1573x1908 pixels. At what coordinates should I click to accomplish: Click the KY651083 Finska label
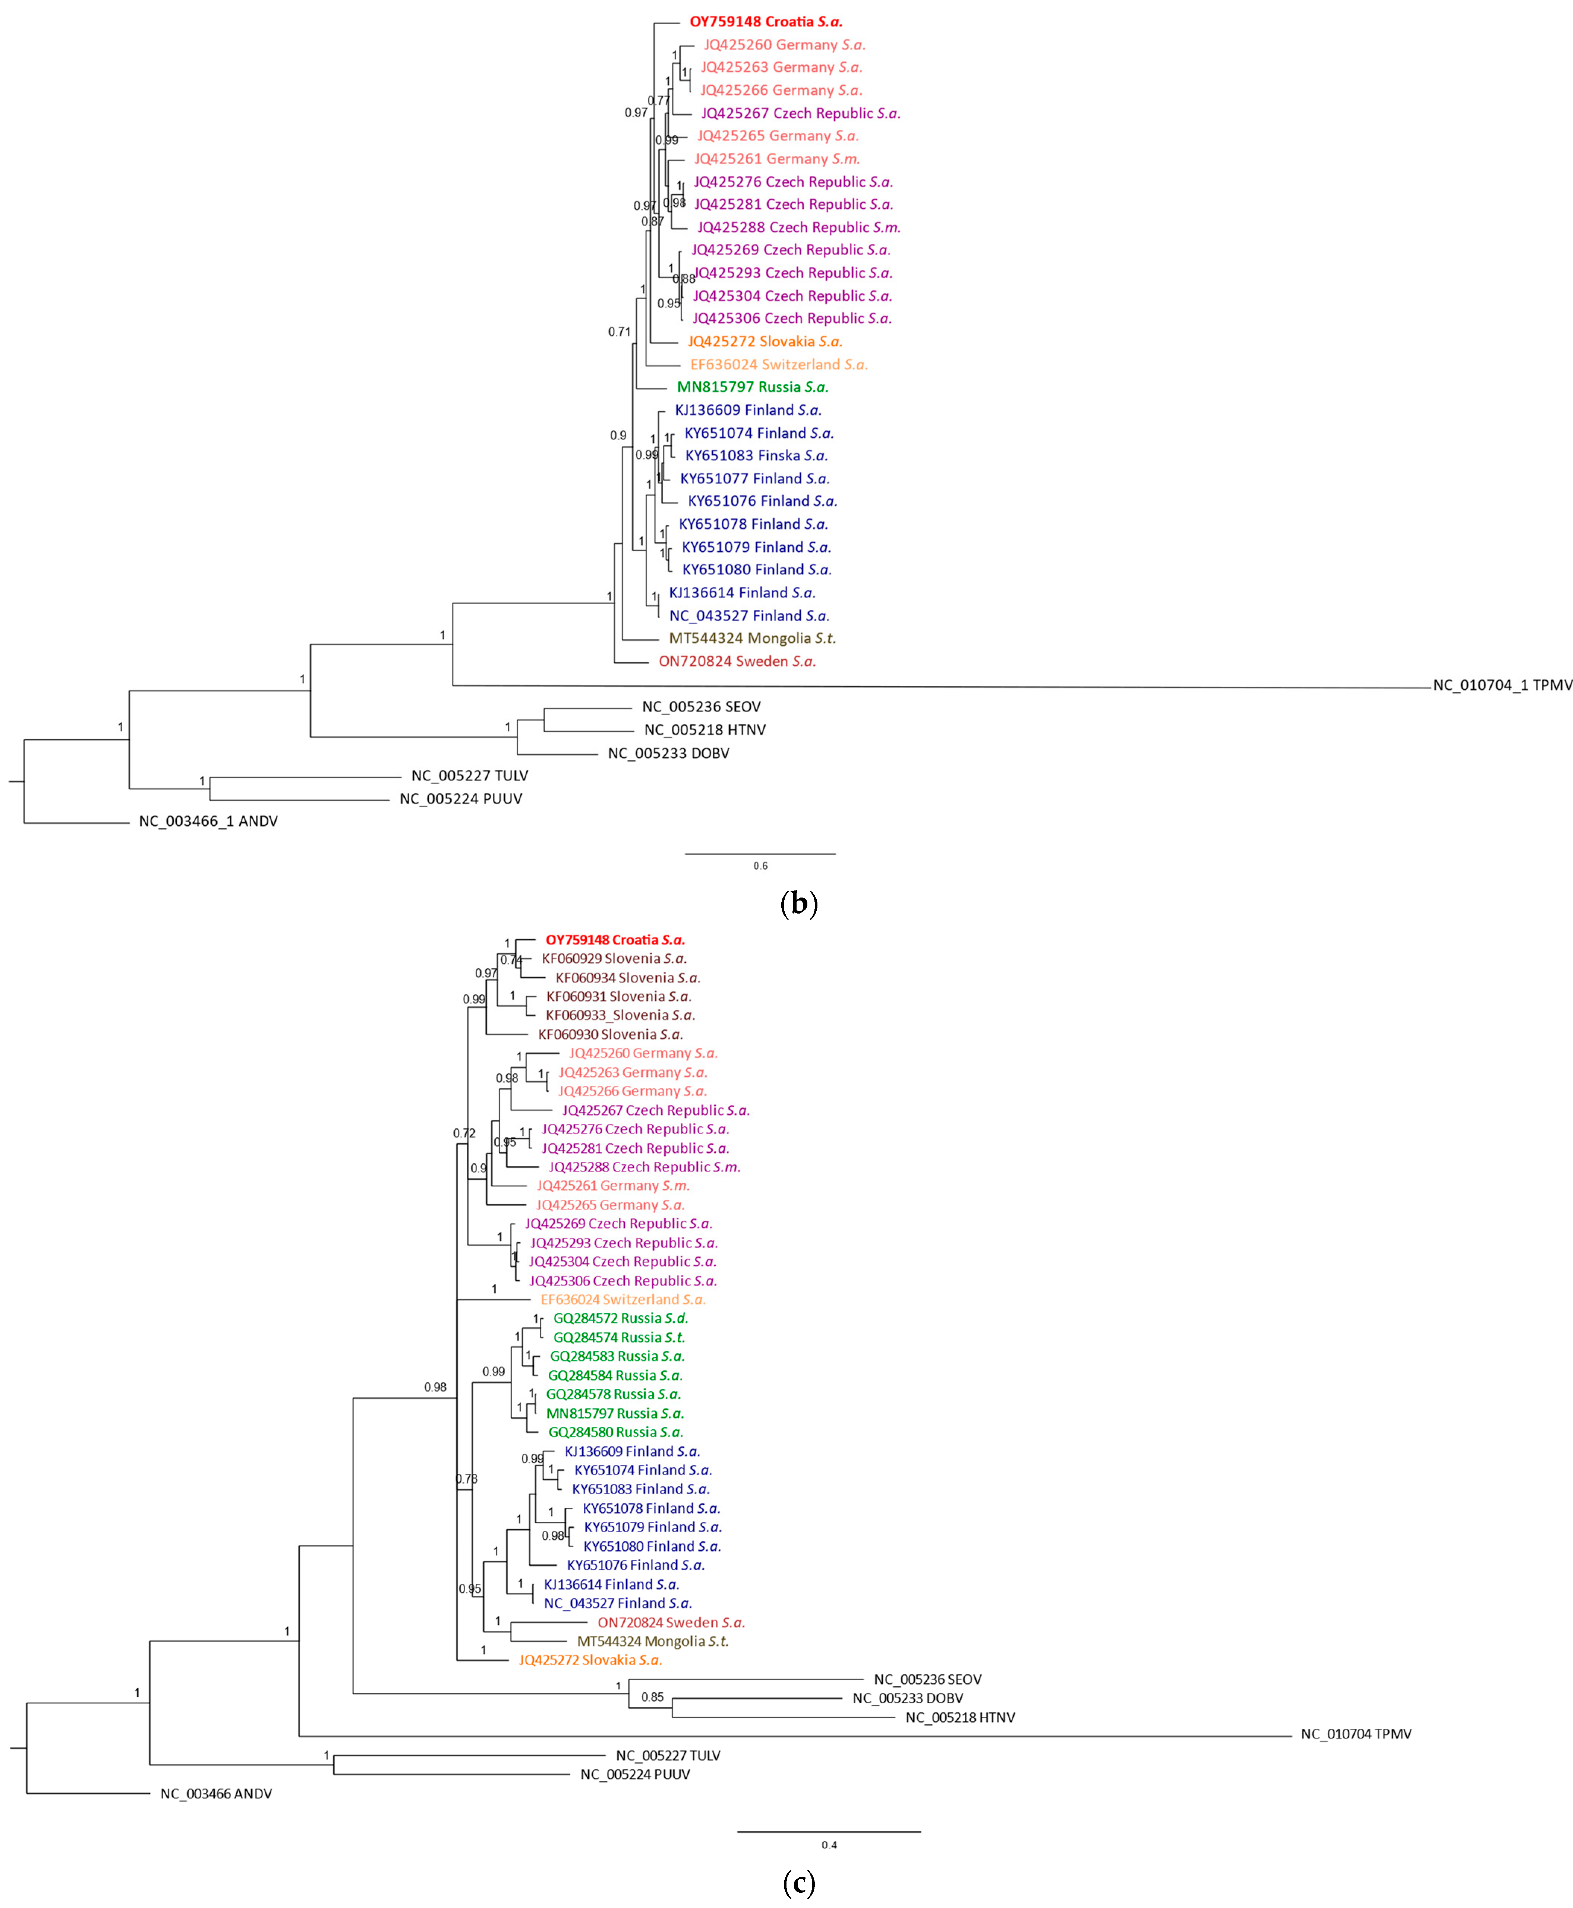pos(756,456)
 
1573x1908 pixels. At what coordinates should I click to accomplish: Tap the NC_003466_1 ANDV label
pos(208,822)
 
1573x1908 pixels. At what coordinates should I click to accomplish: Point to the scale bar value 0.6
pos(760,866)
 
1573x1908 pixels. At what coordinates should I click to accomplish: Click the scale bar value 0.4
pos(829,1845)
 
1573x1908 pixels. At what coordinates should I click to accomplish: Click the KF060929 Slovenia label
pos(614,959)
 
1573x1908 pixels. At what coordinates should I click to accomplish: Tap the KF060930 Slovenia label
pos(610,1035)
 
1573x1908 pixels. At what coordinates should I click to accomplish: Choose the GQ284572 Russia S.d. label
pos(621,1318)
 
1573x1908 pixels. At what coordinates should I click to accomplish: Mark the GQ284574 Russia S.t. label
pos(619,1337)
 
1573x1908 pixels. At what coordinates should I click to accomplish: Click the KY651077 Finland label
pos(755,478)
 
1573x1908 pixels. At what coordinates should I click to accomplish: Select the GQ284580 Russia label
pos(615,1432)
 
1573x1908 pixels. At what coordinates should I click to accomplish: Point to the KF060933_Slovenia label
pos(620,1016)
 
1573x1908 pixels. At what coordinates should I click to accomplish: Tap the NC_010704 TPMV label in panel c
pos(1356,1734)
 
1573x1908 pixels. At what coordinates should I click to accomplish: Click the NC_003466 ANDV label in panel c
pos(216,1794)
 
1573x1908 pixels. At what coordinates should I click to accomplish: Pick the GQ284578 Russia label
pos(612,1394)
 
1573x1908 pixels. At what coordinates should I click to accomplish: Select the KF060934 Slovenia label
pos(627,978)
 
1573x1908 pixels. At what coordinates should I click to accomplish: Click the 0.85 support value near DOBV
pos(652,1698)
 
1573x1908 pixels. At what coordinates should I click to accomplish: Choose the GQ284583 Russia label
pos(617,1356)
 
